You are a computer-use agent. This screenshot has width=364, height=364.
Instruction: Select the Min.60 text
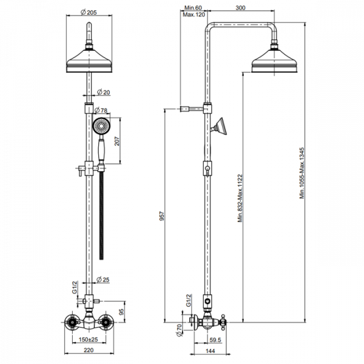point(194,7)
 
